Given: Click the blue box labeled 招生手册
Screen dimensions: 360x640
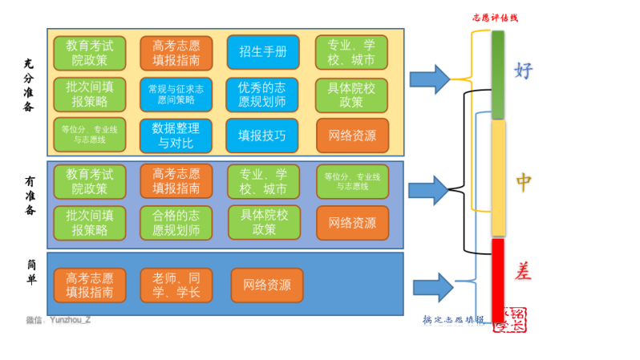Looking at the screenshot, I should click(262, 52).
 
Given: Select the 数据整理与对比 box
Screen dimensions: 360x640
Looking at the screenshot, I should click(176, 136).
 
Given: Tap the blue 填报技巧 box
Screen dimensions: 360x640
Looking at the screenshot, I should click(262, 136).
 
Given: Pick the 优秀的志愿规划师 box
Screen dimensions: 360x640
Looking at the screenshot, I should click(262, 94).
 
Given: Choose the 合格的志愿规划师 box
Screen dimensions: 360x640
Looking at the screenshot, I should click(176, 222).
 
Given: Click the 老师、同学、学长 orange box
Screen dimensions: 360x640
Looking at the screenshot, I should click(176, 285).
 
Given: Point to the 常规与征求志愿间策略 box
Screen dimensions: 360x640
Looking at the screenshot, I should click(176, 94).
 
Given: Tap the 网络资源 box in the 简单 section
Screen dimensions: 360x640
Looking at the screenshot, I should click(266, 285).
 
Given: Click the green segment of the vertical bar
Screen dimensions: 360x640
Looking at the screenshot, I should click(498, 75).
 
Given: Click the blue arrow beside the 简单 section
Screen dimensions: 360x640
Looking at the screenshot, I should click(433, 287).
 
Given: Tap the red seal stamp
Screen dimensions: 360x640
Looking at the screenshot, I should click(514, 319).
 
